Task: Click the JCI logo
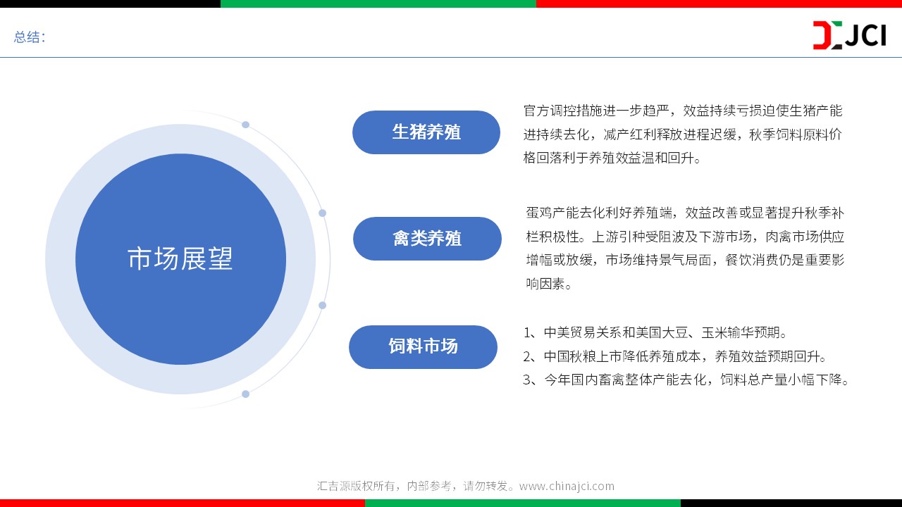[849, 35]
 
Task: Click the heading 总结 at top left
[27, 37]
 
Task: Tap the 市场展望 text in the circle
[180, 258]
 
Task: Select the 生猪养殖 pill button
[426, 132]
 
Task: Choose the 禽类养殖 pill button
[427, 239]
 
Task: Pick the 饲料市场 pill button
[424, 347]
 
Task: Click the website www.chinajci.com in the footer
[567, 486]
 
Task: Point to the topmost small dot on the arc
[246, 125]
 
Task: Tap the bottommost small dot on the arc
[246, 394]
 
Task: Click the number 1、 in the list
[532, 333]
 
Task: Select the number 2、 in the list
[532, 356]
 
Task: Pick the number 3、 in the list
[532, 380]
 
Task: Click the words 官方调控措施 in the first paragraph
[563, 111]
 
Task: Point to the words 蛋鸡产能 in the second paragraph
[552, 213]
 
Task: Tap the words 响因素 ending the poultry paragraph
[545, 284]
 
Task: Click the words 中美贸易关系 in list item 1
[583, 333]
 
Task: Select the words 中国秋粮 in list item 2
[570, 356]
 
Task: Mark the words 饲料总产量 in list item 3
[753, 380]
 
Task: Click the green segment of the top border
[378, 4]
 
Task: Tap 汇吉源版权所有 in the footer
[356, 486]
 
